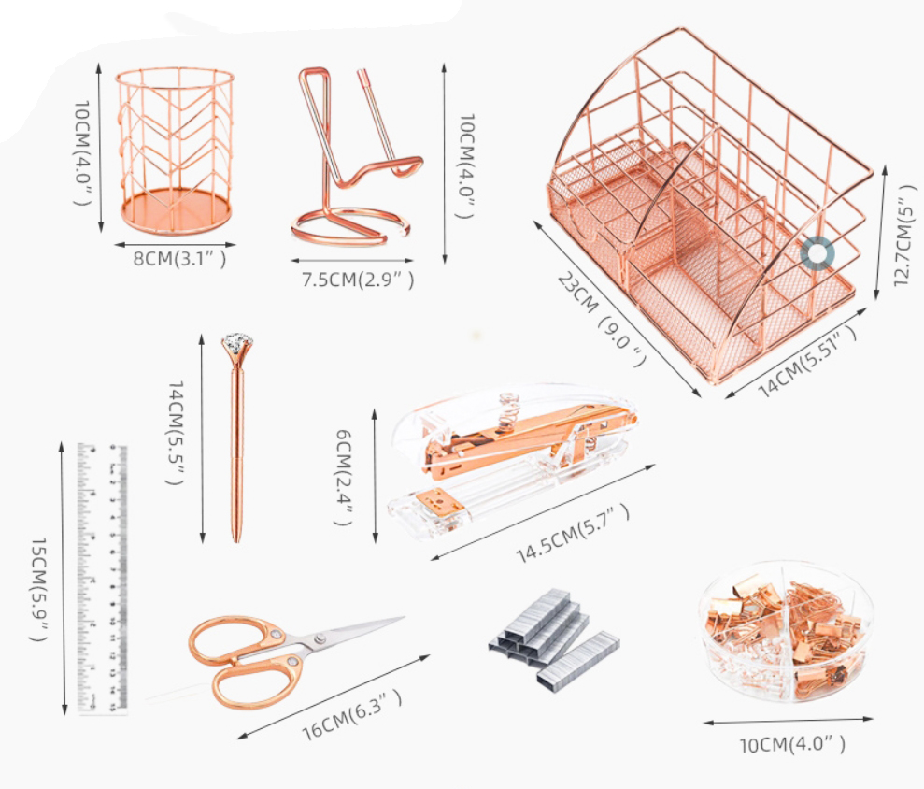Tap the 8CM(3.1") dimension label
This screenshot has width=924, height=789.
click(179, 258)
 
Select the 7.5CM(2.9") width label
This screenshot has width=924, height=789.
click(358, 279)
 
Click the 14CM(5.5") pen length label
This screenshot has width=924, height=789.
click(176, 433)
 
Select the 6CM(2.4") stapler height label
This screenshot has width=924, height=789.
click(344, 477)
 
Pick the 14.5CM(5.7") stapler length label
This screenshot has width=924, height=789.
click(573, 534)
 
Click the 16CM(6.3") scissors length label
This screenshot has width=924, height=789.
click(352, 715)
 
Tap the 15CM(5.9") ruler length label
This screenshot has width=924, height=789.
click(38, 590)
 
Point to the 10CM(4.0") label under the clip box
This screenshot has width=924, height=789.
click(792, 744)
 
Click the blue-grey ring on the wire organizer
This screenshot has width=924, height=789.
click(817, 253)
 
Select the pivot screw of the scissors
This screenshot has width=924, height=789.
click(320, 639)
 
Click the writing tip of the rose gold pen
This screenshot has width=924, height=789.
click(237, 539)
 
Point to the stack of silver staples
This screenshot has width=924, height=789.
click(553, 639)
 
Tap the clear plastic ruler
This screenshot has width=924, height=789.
click(103, 579)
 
